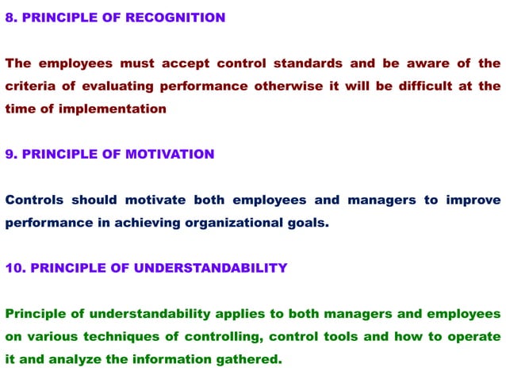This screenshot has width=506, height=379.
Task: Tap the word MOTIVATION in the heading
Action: point(169,154)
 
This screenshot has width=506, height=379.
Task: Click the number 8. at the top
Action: point(10,17)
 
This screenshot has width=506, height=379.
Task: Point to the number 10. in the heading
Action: point(14,268)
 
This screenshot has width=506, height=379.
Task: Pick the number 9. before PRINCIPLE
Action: point(10,154)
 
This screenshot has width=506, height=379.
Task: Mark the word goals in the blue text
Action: point(306,223)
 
